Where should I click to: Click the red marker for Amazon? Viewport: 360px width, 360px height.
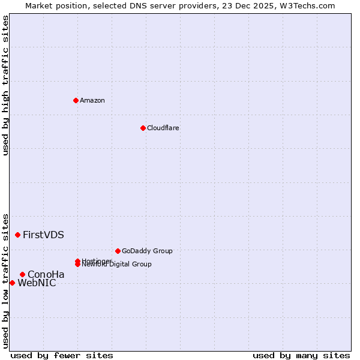click(76, 100)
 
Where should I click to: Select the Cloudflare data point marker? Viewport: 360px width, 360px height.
click(143, 128)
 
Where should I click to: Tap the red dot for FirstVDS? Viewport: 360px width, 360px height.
click(17, 235)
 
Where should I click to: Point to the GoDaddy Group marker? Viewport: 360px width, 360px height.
click(118, 251)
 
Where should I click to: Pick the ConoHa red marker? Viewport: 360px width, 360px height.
click(22, 274)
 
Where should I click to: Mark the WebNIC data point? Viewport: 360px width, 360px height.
click(12, 283)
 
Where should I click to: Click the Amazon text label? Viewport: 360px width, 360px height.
click(92, 100)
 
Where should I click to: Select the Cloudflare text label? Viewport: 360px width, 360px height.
click(163, 128)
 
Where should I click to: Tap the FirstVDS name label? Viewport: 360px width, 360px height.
click(43, 235)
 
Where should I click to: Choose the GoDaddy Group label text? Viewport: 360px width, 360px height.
click(147, 251)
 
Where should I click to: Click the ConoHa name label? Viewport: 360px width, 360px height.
click(46, 275)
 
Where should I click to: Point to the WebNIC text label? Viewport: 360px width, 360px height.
click(37, 283)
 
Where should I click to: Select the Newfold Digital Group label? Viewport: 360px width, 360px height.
click(118, 265)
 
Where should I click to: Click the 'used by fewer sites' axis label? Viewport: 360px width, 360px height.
click(62, 355)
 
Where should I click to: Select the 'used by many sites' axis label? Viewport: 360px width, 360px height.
click(301, 355)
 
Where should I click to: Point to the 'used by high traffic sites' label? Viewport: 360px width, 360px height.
click(5, 85)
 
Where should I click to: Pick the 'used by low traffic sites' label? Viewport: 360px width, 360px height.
click(5, 280)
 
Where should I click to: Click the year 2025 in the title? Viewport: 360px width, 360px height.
click(262, 5)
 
